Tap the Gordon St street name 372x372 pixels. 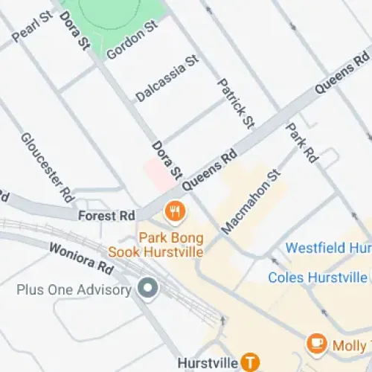(132, 41)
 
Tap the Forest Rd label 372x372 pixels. (106, 216)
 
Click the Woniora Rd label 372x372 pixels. (81, 257)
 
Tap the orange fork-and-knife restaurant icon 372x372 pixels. (175, 211)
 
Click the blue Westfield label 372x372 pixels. (327, 248)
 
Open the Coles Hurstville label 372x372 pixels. (318, 278)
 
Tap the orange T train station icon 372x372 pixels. (250, 362)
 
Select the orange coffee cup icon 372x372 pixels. (315, 344)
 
